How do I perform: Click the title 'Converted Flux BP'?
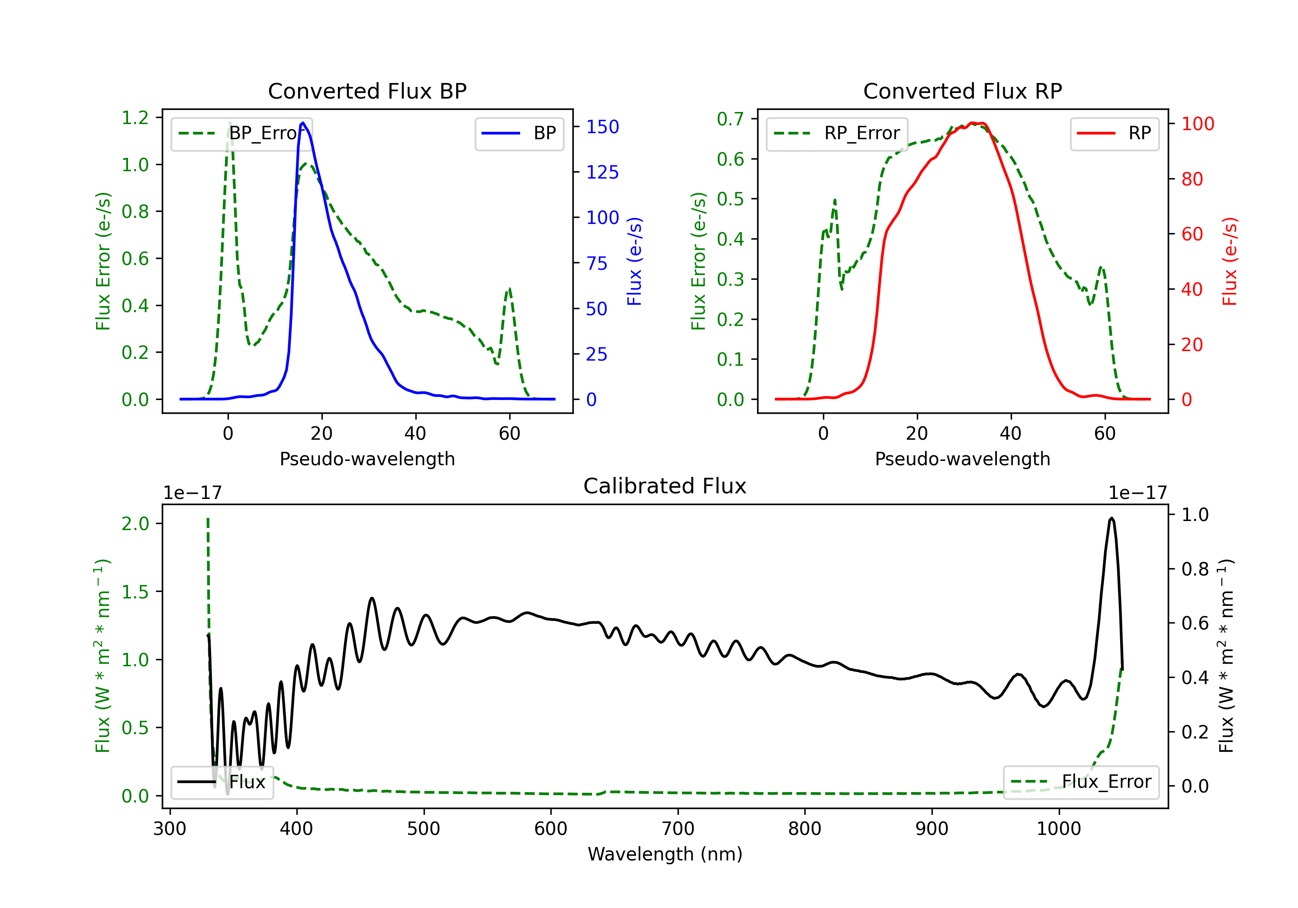click(x=367, y=91)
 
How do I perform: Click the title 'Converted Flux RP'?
click(x=963, y=91)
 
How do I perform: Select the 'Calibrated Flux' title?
click(x=665, y=486)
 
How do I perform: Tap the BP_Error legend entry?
click(x=241, y=133)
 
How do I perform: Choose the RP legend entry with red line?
click(x=1114, y=133)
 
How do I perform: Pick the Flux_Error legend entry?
click(x=1081, y=782)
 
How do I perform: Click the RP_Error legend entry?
click(x=837, y=133)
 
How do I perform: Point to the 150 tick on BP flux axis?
click(x=603, y=127)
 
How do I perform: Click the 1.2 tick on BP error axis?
click(x=135, y=118)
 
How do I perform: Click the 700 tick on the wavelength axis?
click(x=678, y=829)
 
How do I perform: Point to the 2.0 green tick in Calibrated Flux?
click(x=135, y=524)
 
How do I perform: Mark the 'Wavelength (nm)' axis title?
click(x=665, y=854)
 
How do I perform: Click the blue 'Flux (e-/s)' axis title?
click(x=635, y=262)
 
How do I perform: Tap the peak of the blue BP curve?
click(x=303, y=123)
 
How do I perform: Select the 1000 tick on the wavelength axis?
click(x=1059, y=829)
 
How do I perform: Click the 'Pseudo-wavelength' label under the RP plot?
click(x=963, y=459)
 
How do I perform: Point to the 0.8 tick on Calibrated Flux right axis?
click(x=1195, y=569)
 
